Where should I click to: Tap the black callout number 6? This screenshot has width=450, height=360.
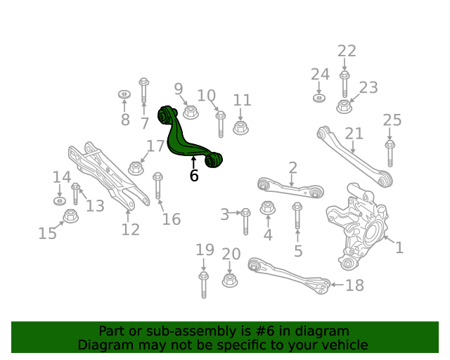pos(194,176)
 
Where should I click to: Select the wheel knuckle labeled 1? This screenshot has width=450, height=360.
pos(358,227)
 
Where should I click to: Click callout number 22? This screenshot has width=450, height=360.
pos(347,51)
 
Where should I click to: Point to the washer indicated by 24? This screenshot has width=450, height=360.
pos(319,98)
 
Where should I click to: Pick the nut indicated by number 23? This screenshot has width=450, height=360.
pos(345,106)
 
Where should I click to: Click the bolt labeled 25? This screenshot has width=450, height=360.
pos(390,153)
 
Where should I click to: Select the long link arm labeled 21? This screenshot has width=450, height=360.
pos(354,157)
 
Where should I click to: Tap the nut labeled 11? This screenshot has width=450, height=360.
pos(240,128)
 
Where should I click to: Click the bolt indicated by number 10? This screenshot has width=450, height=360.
pos(220,124)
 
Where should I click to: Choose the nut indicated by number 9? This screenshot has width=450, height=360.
pos(191,112)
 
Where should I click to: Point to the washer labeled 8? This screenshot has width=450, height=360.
pos(124,94)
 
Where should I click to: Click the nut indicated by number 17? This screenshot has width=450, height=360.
pos(136,168)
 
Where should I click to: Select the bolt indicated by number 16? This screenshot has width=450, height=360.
pos(157,186)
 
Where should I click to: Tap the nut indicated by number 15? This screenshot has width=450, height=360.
pos(70,216)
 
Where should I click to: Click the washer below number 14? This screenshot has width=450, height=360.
pos(60,200)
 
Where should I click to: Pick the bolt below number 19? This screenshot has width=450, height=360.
pos(203,285)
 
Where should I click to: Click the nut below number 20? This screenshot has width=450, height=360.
pos(230,280)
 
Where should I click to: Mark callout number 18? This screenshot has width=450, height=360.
pos(354,285)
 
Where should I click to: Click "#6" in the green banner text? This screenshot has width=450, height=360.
pos(264,331)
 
